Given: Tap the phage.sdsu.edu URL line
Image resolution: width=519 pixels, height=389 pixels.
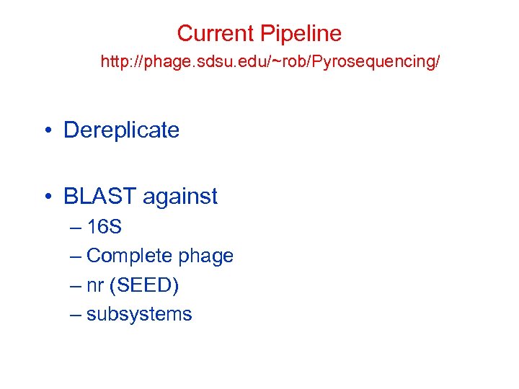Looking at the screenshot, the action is tap(270, 63).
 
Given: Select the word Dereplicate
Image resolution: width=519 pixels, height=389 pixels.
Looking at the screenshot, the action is tap(121, 130).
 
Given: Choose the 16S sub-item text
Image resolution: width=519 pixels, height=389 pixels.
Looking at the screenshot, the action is tap(104, 228).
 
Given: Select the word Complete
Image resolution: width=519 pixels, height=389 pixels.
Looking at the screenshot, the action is tap(129, 256).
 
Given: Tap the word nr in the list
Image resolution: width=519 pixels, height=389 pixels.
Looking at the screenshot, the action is tap(94, 285).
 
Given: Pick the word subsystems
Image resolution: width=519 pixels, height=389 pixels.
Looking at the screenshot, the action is tap(139, 314).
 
